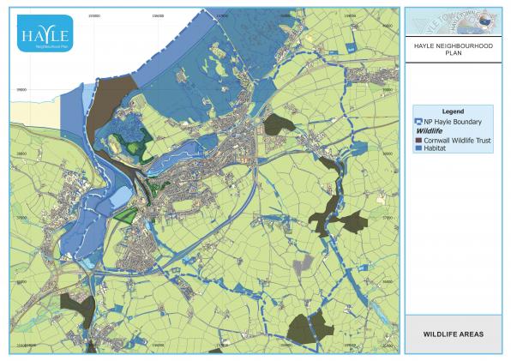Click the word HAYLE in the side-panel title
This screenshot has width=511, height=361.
(424, 46)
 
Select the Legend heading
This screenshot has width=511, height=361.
(452, 112)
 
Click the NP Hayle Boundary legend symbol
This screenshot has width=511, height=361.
(418, 122)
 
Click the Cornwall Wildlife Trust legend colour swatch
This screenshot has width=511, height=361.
(418, 140)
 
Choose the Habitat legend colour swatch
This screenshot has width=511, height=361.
(418, 147)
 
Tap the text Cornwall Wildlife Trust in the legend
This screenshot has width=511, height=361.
(454, 140)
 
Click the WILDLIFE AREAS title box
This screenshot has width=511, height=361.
(452, 334)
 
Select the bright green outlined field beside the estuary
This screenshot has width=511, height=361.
(125, 214)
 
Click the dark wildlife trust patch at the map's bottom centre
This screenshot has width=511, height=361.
(309, 327)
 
